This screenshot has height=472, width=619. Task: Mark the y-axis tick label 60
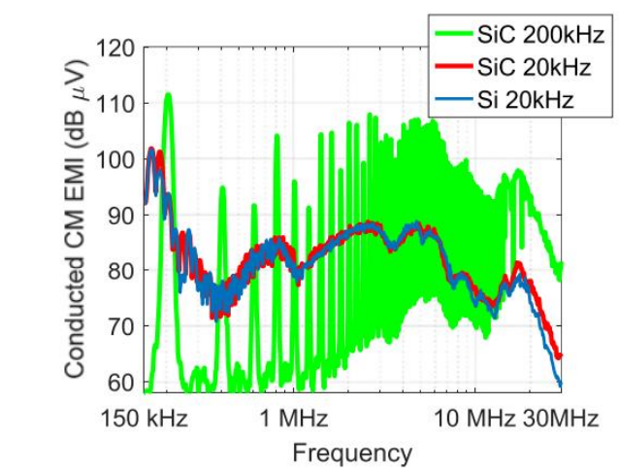pos(120,382)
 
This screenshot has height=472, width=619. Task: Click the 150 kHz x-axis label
pos(146,419)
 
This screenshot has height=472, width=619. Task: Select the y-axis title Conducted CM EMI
pos(77,218)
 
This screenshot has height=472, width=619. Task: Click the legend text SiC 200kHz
pos(540,36)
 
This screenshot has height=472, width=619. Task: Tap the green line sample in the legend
pos(453,36)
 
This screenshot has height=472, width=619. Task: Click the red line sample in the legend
pos(453,68)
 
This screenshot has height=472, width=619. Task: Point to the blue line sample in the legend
pos(453,99)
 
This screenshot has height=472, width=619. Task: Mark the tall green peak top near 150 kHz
pos(168,94)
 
